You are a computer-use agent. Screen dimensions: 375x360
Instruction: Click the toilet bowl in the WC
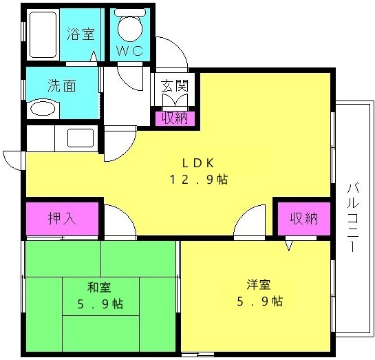pos(130,27)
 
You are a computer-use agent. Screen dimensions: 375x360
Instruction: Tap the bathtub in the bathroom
pos(43,34)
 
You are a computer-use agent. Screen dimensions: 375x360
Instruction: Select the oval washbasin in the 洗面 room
pos(43,109)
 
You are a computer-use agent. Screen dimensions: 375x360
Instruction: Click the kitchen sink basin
pos(81,138)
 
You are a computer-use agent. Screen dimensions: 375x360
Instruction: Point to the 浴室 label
pos(81,34)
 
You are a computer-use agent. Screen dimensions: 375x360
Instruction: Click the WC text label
pos(130,50)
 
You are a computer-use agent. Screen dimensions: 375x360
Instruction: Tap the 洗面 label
pos(62,85)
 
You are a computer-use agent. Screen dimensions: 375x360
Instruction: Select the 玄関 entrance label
pos(175,85)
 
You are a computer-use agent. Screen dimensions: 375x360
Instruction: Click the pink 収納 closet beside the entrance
pos(175,118)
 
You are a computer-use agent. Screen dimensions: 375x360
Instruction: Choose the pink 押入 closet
pos(62,219)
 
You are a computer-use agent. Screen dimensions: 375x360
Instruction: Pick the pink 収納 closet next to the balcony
pos(303,219)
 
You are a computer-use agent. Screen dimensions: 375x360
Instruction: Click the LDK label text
pos(197,163)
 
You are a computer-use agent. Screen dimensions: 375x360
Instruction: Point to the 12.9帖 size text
pos(199,180)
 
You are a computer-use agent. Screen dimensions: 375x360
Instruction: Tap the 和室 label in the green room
pos(99,287)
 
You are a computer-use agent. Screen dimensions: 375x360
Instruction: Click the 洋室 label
pos(259,285)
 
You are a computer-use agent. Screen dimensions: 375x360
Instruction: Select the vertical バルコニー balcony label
pos(353,218)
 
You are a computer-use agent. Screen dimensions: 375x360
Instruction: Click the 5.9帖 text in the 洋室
pos(260,301)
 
